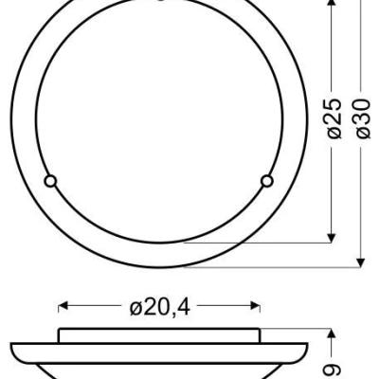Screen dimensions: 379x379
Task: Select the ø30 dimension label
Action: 361,119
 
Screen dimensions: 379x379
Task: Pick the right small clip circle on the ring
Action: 266,179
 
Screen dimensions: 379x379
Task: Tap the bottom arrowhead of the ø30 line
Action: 361,260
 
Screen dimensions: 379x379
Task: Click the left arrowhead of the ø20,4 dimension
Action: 63,306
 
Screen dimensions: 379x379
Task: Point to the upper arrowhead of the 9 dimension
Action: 330,334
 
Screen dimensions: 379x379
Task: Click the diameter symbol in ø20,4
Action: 135,307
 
